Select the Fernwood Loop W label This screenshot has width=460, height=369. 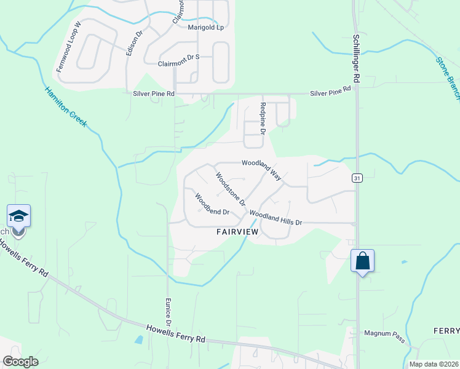click(69, 47)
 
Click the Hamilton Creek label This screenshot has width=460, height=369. click(66, 108)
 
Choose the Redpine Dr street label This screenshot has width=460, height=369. click(263, 119)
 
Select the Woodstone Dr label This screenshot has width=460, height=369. click(230, 189)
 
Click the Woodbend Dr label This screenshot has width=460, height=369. click(212, 205)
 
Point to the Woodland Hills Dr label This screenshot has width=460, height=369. click(276, 218)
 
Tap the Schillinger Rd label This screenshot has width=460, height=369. click(355, 58)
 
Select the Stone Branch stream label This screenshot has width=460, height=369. click(448, 77)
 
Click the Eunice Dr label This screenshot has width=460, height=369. click(167, 312)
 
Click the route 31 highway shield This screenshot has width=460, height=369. click(356, 178)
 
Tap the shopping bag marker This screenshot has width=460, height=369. click(362, 260)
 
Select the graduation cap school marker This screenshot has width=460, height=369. click(18, 216)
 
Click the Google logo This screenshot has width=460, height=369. click(20, 362)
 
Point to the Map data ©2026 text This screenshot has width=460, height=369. click(434, 364)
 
